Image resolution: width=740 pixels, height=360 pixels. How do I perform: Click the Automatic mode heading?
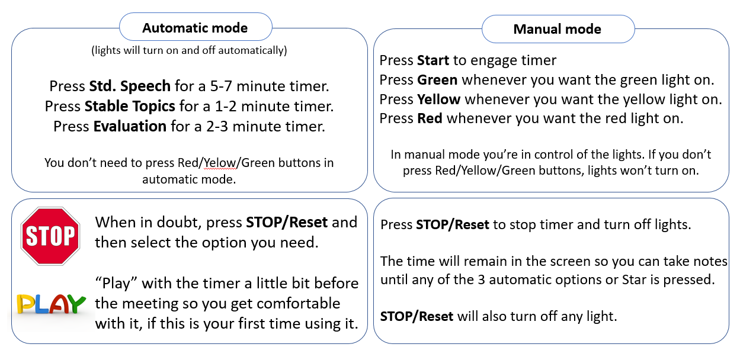[195, 28]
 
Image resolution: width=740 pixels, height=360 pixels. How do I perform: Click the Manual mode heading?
[557, 29]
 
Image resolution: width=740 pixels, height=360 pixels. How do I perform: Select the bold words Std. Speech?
[130, 86]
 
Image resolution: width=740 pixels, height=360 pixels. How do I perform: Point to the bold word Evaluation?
[130, 126]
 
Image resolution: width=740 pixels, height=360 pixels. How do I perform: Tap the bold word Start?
[433, 60]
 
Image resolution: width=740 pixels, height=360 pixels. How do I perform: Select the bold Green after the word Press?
[437, 79]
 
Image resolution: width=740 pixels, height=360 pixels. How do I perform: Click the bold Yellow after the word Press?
[439, 99]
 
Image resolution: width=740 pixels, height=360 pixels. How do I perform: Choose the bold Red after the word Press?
[430, 118]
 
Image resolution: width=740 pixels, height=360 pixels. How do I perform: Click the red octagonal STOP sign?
[50, 236]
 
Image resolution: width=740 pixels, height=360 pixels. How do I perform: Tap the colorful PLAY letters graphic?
[51, 303]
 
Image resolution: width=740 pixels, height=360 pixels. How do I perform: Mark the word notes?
[710, 261]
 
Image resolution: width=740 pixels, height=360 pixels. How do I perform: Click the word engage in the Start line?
[492, 60]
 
